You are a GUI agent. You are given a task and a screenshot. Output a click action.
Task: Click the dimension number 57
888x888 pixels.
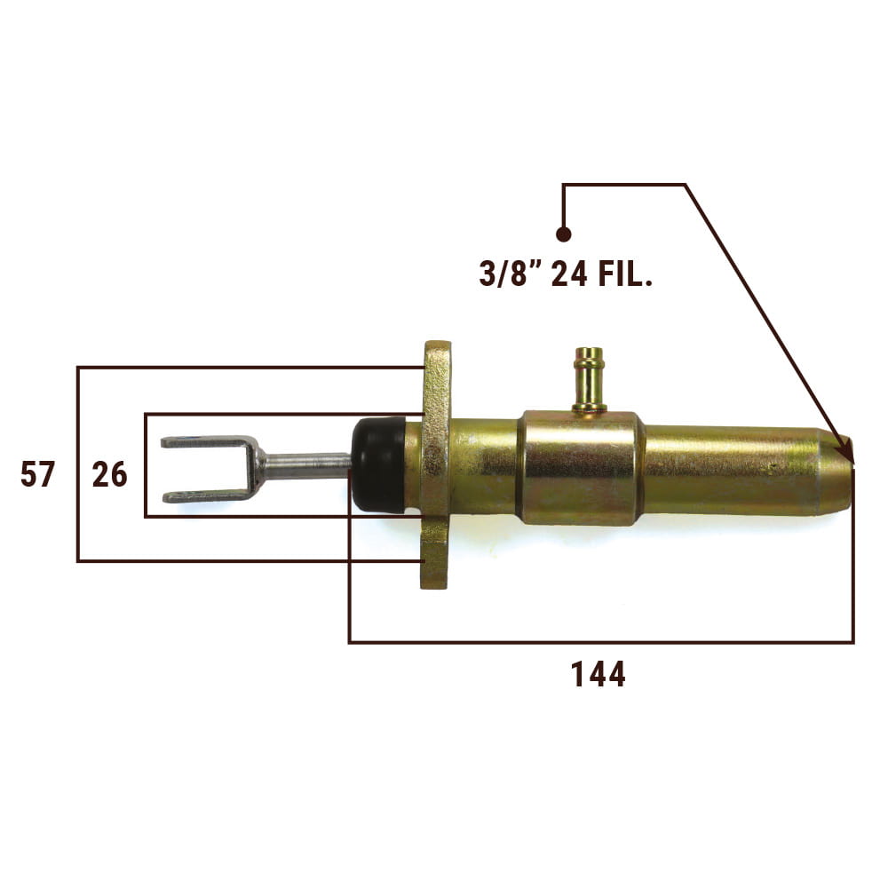click(x=38, y=474)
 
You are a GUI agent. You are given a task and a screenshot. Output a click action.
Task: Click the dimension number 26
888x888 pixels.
click(x=109, y=474)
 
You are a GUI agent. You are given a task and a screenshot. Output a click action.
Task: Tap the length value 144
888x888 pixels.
click(x=598, y=674)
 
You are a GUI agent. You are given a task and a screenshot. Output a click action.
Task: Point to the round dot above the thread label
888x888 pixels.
click(x=563, y=234)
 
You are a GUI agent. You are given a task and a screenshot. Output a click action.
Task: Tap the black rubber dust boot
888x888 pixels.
click(x=378, y=464)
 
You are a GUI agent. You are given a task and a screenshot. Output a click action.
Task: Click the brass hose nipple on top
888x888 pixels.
click(x=589, y=379)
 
